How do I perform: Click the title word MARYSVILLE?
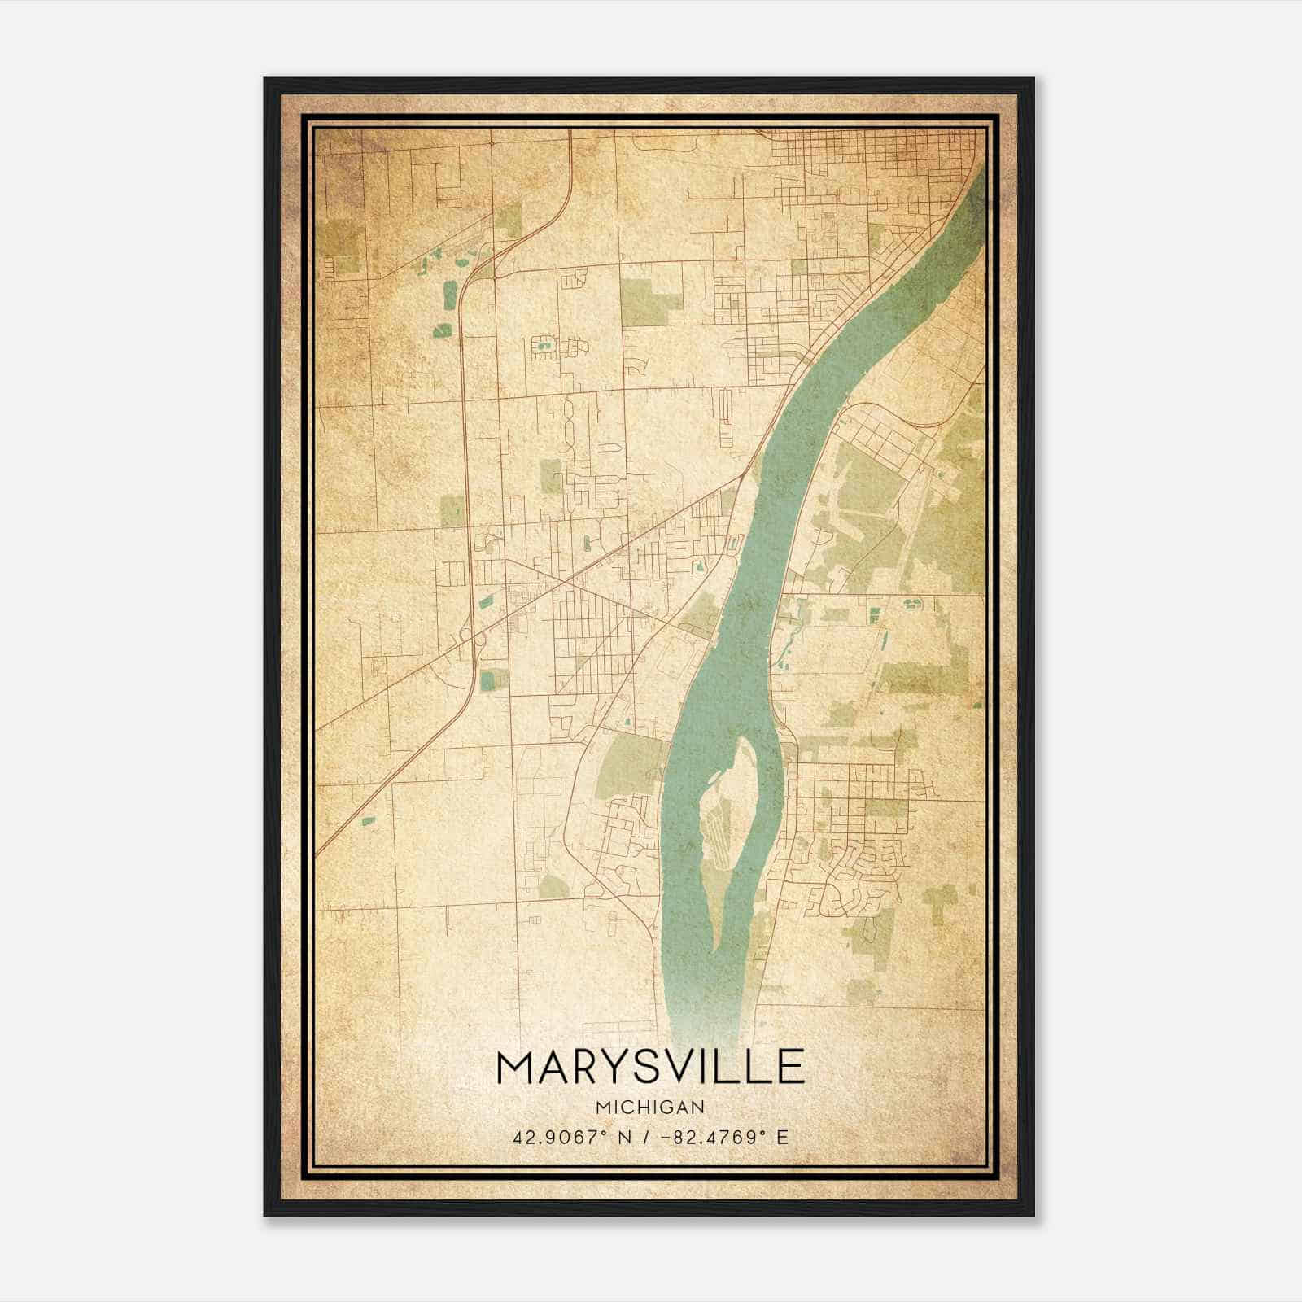click(x=650, y=1067)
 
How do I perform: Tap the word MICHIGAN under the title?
click(x=650, y=1108)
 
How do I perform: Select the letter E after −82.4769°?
click(x=783, y=1138)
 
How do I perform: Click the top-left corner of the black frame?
click(x=265, y=79)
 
